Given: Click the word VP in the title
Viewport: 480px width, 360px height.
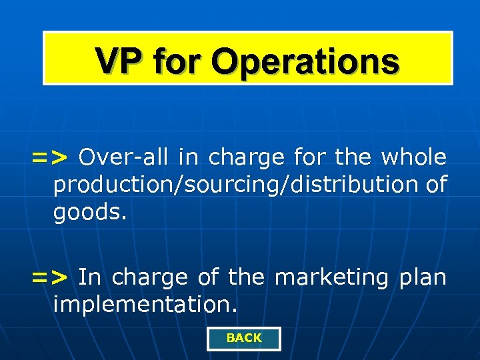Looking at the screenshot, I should click(x=119, y=61).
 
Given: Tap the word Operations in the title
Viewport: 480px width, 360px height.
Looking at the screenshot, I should click(x=306, y=62).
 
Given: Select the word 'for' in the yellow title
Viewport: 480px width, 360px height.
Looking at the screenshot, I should click(x=181, y=61).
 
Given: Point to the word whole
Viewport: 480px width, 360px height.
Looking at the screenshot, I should click(x=414, y=157).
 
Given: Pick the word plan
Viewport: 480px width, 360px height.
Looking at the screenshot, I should click(x=423, y=276).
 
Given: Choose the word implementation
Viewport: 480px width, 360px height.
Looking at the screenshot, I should click(x=145, y=305).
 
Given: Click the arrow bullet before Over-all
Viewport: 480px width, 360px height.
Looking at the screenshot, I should click(x=49, y=158).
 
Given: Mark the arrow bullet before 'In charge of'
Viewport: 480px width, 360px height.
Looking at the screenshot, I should click(x=49, y=277).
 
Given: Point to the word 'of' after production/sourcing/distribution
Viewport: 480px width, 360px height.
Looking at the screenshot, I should click(x=436, y=185).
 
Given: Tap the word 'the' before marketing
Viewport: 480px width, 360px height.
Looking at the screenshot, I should click(x=245, y=276).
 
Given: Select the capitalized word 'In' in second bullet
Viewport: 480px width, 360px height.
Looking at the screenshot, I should click(x=88, y=276).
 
